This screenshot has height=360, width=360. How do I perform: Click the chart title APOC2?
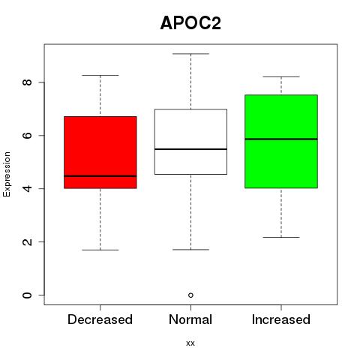pos(190,23)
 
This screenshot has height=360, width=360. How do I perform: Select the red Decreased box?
pos(100,152)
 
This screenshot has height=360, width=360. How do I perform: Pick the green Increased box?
pos(281,141)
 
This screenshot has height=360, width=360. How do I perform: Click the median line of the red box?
pos(100,176)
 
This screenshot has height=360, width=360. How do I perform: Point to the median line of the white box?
pos(190,149)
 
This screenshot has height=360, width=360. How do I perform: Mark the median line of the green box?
pos(281,139)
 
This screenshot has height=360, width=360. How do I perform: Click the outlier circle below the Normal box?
pos(190,295)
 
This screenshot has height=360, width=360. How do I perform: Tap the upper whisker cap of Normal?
pos(190,54)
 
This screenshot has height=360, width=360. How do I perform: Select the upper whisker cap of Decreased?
pos(100,75)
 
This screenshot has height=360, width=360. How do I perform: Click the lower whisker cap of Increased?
pos(281,237)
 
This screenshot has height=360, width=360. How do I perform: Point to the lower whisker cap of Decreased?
pos(100,250)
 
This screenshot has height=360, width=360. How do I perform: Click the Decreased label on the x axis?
pos(100,319)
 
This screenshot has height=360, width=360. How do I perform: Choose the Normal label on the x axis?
pos(190,319)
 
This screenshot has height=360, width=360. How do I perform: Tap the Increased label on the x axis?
pos(281,319)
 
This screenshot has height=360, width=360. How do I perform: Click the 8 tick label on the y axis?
pos(27,82)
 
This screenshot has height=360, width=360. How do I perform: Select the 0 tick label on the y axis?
pos(27,295)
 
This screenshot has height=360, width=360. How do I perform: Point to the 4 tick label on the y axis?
pos(27,188)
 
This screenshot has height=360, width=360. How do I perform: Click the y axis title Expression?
pos(7,174)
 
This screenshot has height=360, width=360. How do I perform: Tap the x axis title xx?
pos(190,343)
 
